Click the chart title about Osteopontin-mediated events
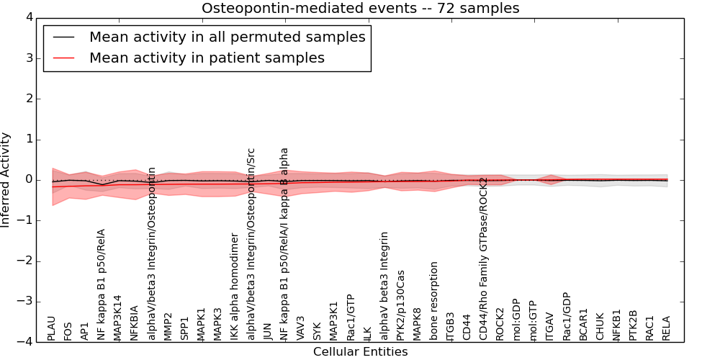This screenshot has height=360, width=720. [360, 9]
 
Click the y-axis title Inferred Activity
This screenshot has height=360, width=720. [6, 179]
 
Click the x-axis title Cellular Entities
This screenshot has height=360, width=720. [360, 352]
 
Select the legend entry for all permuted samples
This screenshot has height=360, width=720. [227, 37]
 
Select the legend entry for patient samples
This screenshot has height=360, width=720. [207, 58]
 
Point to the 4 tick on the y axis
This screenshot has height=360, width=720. [28, 17]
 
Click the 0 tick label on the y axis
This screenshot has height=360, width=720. [28, 179]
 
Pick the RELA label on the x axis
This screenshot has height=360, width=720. [667, 328]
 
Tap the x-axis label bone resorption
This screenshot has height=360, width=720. [434, 301]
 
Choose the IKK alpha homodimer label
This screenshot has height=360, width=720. [234, 287]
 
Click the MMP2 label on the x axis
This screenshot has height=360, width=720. [168, 326]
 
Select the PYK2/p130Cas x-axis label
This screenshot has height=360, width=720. [401, 305]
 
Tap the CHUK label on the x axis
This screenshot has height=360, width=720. [600, 327]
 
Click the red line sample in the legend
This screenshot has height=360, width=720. [63, 58]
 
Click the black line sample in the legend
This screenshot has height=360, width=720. [63, 37]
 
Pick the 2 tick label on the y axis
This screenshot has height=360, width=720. [28, 99]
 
